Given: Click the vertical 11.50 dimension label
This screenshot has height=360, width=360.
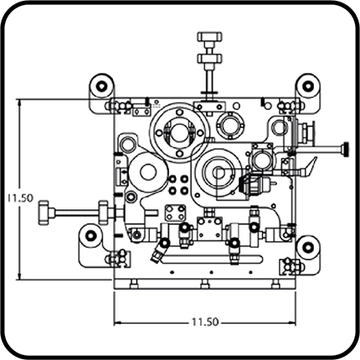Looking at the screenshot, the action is (x=20, y=198).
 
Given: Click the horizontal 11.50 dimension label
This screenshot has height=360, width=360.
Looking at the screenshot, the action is (x=205, y=322).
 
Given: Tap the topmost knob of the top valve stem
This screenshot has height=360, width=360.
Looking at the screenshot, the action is (x=209, y=36).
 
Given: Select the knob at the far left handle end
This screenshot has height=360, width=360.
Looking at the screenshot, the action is (x=44, y=213).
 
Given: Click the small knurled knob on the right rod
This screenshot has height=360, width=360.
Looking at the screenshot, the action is (x=347, y=148).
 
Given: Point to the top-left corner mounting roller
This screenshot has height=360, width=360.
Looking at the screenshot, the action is (x=101, y=85).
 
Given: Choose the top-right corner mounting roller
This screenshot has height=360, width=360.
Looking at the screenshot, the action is (x=308, y=85).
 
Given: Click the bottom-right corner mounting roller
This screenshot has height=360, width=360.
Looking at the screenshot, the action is (x=307, y=247).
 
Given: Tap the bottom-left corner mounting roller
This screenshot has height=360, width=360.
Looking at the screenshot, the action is (x=90, y=236).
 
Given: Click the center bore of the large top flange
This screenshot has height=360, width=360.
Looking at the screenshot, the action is (x=179, y=132).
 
